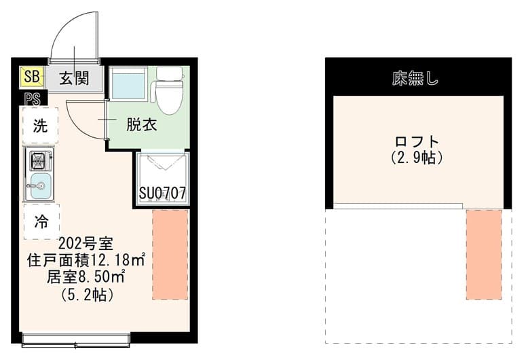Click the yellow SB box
32,76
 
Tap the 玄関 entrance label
74,78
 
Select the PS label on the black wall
33,99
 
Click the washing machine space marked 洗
41,126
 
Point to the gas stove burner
39,161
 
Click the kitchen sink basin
41,186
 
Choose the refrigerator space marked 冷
41,221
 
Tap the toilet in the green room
169,90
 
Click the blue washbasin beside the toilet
128,84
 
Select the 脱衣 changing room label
141,125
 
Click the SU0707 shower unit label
162,193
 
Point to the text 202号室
86,243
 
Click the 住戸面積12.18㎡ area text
86,260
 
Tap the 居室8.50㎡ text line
86,277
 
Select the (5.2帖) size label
87,295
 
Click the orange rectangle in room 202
170,255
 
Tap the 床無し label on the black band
415,78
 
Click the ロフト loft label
417,141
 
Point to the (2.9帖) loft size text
417,157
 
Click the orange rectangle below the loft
484,255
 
